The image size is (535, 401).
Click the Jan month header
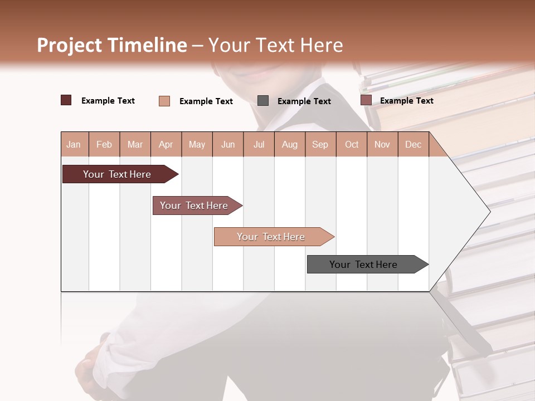74,144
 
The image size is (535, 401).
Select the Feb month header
104,144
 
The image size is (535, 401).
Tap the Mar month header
135,144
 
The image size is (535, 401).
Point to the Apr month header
166,144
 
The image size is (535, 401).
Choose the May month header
197,144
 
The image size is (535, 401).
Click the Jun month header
228,144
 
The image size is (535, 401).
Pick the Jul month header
259,144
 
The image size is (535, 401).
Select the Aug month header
289,144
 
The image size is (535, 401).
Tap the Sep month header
320,144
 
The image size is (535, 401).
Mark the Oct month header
352,144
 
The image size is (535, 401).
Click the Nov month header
382,144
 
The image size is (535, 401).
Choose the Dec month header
413,144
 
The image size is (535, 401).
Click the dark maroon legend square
66,100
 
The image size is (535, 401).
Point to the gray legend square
263,100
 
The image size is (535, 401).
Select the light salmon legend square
164,101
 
